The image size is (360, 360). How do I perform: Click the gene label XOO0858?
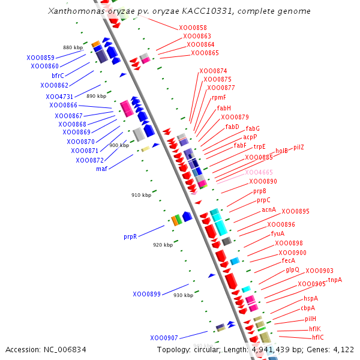193,28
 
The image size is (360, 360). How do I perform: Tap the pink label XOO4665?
259,172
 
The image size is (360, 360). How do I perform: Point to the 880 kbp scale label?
73,47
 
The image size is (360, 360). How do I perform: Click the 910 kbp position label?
141,195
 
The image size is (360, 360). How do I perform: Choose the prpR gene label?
130,236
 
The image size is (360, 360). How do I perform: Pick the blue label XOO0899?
146,294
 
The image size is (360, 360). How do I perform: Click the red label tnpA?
335,280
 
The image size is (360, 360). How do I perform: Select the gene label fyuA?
277,233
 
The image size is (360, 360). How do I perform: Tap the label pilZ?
299,147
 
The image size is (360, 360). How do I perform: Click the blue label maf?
101,169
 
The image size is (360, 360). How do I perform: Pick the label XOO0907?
164,337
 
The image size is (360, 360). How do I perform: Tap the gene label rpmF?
219,97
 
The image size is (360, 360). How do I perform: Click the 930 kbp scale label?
183,295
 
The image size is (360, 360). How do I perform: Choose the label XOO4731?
59,97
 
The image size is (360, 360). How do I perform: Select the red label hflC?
316,337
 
